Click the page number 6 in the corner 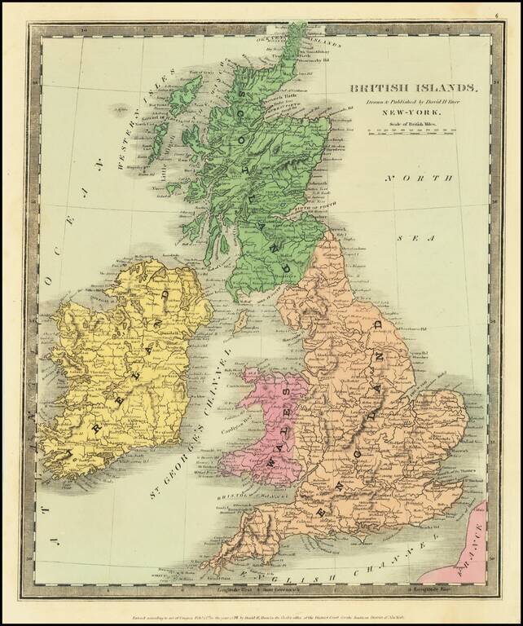point(507,14)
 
